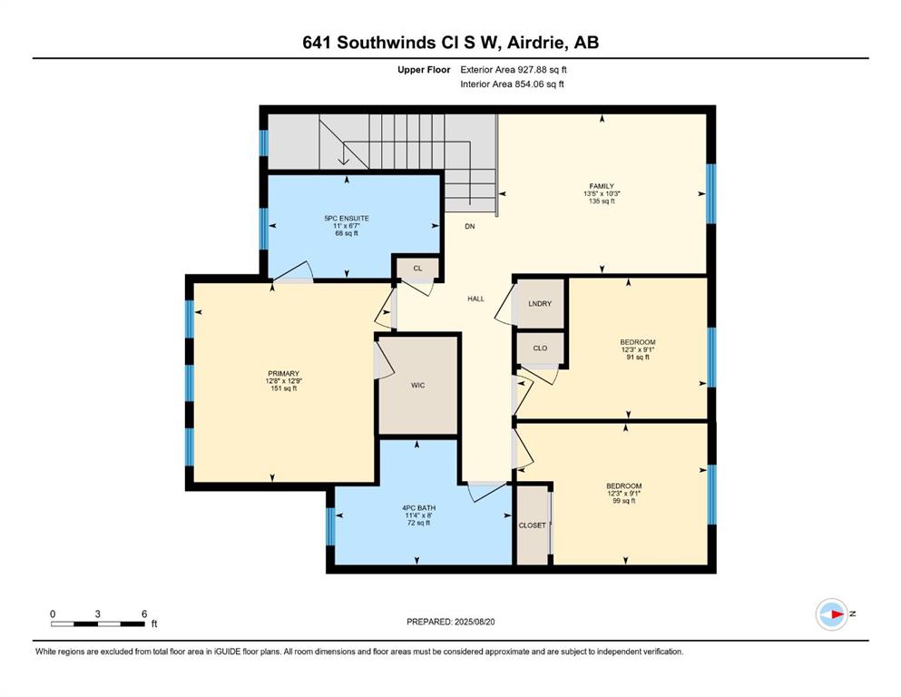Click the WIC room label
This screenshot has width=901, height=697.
(x=417, y=385)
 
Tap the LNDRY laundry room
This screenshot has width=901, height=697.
(x=540, y=303)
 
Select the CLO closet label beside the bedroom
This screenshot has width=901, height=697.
(x=540, y=348)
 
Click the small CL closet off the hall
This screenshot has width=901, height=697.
(x=417, y=269)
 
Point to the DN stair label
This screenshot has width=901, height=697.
(x=470, y=226)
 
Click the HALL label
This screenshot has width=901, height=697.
(x=475, y=299)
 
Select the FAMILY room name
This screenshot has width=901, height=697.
(x=602, y=186)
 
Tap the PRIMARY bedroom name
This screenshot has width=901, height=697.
(x=283, y=374)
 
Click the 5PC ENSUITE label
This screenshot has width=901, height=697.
(x=347, y=219)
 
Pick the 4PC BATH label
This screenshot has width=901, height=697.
(x=419, y=508)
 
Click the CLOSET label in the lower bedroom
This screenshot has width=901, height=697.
(x=532, y=525)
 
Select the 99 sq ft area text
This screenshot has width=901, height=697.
(x=624, y=500)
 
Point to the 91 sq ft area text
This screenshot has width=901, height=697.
(x=638, y=357)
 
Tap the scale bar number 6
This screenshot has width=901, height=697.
(x=144, y=614)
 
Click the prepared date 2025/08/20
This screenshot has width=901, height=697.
(x=475, y=622)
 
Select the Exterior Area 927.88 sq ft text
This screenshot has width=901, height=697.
(x=514, y=70)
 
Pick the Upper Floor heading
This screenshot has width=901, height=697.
(x=424, y=70)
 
